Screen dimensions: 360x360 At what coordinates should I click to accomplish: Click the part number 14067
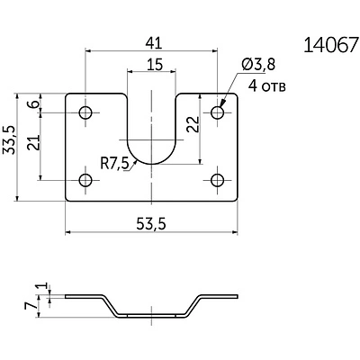click(331, 45)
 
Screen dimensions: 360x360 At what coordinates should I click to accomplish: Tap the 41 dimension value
click(154, 44)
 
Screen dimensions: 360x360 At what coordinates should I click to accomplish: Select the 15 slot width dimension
click(155, 65)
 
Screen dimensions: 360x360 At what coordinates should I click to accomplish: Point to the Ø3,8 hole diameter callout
click(257, 65)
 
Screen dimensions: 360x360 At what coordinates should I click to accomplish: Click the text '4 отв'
click(267, 86)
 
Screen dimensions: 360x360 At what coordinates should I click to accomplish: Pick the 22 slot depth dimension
click(193, 124)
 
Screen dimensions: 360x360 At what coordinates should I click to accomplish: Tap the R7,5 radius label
click(114, 165)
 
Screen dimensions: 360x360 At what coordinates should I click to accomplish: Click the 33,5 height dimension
click(9, 139)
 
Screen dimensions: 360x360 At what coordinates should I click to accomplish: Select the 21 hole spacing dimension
click(33, 142)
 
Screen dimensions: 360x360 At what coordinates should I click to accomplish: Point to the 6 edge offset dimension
click(34, 104)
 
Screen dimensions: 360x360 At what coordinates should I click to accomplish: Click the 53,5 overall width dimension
click(151, 224)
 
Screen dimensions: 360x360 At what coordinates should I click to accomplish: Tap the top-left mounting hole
click(85, 112)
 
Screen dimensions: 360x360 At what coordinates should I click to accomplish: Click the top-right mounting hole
click(218, 112)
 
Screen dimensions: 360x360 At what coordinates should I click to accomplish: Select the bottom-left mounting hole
click(85, 180)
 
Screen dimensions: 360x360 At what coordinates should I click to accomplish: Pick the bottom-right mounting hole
click(218, 180)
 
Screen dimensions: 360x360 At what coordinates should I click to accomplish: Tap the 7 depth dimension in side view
click(31, 306)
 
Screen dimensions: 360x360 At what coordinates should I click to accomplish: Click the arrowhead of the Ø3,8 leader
click(222, 103)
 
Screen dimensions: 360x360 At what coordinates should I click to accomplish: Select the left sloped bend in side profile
click(110, 306)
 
